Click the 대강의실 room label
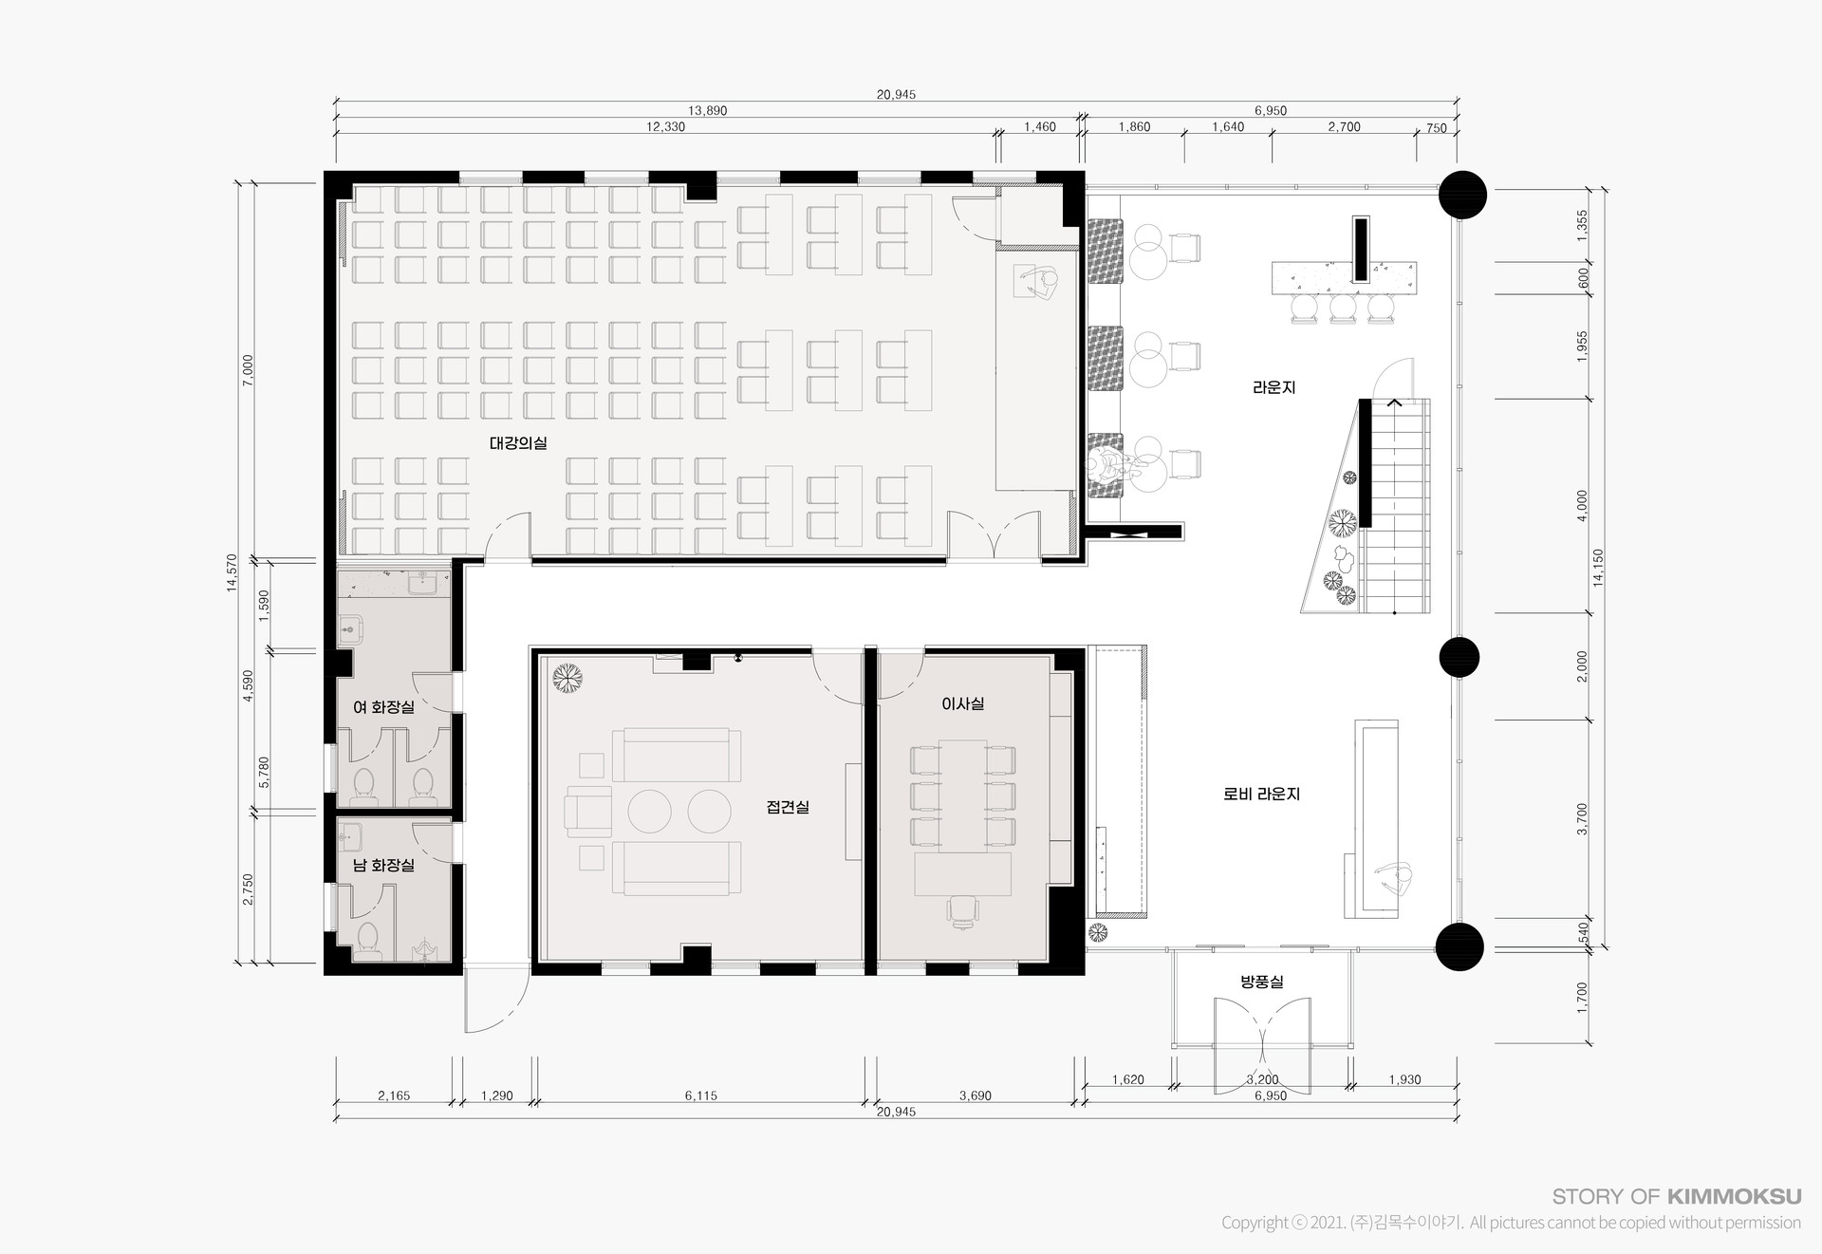[518, 442]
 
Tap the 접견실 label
[788, 807]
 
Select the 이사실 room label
[962, 703]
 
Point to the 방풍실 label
[1261, 982]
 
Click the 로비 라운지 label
[1261, 794]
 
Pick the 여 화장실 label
[383, 707]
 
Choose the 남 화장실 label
[383, 865]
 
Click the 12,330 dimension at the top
[665, 127]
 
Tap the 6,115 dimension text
[701, 1095]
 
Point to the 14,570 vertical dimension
[232, 572]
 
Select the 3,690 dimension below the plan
[975, 1095]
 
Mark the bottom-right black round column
[1459, 945]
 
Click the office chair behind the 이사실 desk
[962, 910]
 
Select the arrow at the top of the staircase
[1394, 402]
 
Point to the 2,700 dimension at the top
[1344, 127]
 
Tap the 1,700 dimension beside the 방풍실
[1580, 997]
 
